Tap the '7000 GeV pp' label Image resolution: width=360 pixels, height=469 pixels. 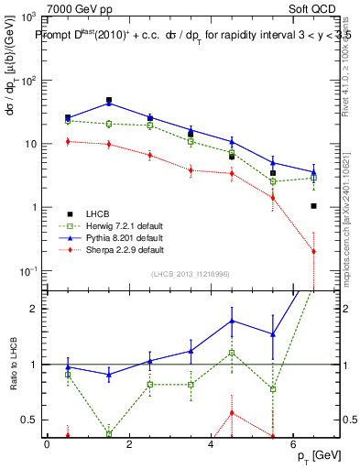[75, 7]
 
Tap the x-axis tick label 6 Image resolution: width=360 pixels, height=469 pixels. [293, 444]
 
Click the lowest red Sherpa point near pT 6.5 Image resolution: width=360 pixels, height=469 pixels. [313, 251]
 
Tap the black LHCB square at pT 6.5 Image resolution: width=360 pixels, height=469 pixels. [313, 206]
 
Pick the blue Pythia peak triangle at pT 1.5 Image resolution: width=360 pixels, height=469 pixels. [109, 103]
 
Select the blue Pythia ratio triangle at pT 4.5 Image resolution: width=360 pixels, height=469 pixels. [232, 321]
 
